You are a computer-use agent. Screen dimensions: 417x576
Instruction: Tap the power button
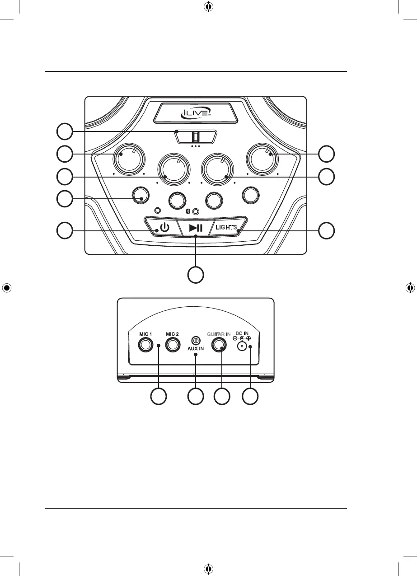tap(164, 227)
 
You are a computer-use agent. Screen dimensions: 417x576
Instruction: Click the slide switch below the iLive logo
tap(196, 136)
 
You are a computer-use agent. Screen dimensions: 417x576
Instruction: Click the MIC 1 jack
tap(146, 346)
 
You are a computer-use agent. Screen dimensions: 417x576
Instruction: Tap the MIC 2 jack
tap(172, 346)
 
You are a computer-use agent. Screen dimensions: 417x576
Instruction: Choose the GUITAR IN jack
tap(219, 346)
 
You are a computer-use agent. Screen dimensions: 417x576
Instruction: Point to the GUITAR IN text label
tap(219, 333)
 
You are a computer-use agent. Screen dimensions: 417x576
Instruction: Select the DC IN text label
tap(242, 333)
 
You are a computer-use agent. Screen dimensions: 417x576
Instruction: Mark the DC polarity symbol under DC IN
tap(242, 338)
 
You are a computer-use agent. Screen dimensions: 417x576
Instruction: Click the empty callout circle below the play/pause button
tap(195, 275)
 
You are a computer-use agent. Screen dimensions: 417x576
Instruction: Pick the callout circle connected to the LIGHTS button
tap(327, 231)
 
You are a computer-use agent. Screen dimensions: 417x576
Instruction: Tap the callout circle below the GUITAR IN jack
tap(222, 397)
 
